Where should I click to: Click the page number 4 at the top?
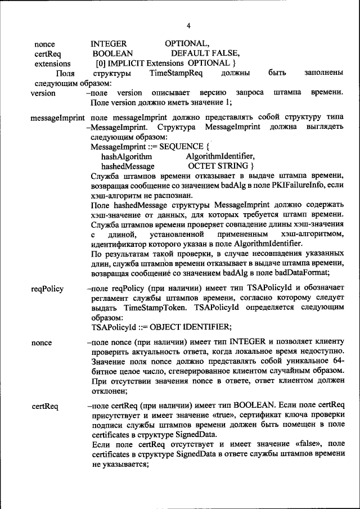(x=188, y=26)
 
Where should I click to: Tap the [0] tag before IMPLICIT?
(x=101, y=63)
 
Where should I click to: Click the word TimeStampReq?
(x=172, y=73)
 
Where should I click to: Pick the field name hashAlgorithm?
(x=127, y=156)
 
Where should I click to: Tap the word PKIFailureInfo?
(x=291, y=186)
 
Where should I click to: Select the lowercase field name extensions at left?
(x=52, y=64)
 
